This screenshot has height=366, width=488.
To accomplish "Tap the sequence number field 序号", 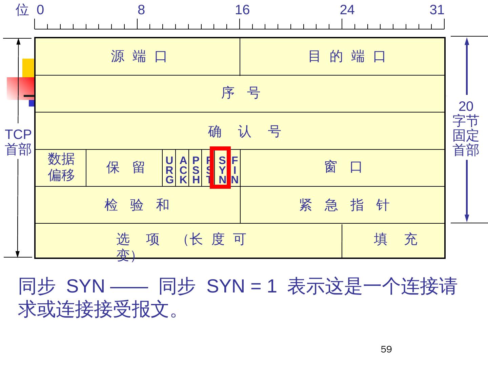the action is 240,93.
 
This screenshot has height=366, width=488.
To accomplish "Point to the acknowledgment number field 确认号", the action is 244,131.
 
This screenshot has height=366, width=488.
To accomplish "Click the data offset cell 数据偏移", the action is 61,167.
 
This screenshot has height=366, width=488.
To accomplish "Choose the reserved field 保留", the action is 125,167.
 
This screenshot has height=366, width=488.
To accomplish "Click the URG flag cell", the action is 169,170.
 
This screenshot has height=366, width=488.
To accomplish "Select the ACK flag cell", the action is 183,170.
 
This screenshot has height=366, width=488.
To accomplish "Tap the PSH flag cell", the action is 196,170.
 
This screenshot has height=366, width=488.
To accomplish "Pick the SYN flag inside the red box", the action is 222,170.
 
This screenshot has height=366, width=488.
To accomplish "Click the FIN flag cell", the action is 235,170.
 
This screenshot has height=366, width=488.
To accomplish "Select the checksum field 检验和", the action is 137,205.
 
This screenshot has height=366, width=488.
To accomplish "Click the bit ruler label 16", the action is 242,10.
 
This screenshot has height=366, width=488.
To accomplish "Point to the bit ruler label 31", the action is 437,10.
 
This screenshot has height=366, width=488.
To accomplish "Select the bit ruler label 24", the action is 347,10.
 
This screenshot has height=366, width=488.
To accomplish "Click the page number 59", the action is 386,349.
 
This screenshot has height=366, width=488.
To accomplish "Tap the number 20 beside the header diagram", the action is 466,106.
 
